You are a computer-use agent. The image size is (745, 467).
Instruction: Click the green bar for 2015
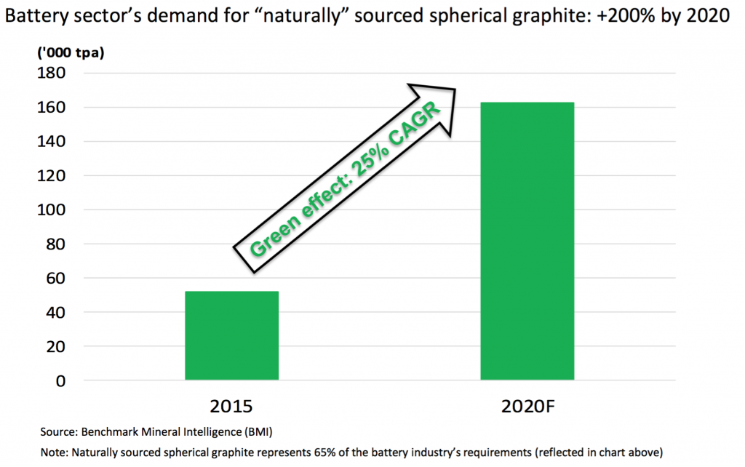click(x=231, y=335)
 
